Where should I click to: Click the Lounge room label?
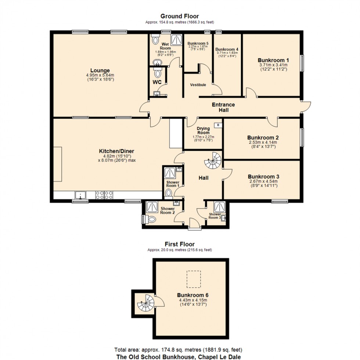point(100,71)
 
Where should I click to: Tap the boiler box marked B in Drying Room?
point(218,125)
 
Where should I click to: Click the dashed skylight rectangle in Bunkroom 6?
point(194,279)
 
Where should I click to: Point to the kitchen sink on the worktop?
point(80,195)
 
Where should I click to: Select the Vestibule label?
point(198,85)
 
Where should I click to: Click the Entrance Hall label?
point(223,107)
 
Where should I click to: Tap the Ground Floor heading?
point(180,16)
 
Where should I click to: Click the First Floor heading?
point(180,244)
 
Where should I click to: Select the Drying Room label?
point(203,131)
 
